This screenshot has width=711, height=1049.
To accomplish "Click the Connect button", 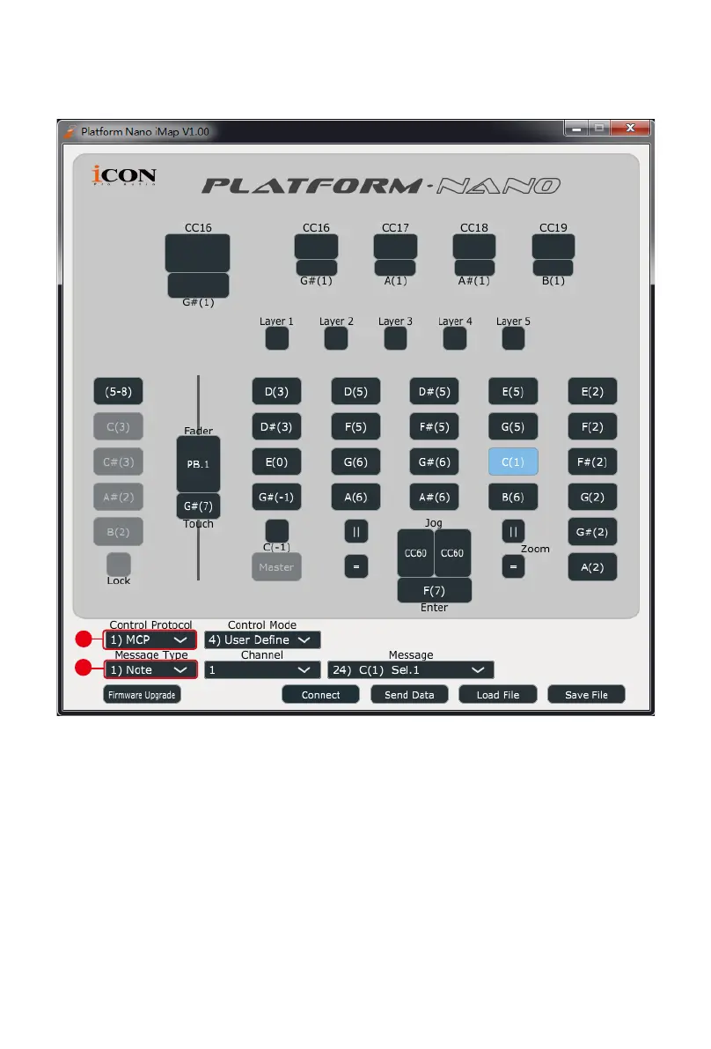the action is (x=320, y=695).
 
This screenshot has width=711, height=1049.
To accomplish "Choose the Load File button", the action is (x=497, y=695).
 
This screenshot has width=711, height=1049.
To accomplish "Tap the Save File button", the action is (x=586, y=695).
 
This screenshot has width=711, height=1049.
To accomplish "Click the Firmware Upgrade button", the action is (x=142, y=695).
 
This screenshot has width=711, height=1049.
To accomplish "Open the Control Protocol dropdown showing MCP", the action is (x=150, y=640).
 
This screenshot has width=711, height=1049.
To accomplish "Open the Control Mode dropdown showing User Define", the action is (x=262, y=640).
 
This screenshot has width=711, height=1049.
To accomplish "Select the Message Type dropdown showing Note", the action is (x=150, y=670).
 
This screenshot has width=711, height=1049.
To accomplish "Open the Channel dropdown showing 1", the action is (x=261, y=670).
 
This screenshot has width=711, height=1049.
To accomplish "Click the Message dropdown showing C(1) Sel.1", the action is (x=410, y=670).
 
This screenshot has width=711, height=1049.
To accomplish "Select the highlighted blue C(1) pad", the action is (x=513, y=462).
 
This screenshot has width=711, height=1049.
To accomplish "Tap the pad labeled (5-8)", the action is (x=119, y=391).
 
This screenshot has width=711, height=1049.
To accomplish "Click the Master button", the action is (x=276, y=567).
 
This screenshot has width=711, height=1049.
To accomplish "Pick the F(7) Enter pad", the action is (x=434, y=589).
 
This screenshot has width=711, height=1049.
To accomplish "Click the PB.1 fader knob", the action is (x=198, y=463).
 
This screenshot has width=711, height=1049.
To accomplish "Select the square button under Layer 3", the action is (x=395, y=338).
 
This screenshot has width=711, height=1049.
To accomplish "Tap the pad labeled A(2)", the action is (x=592, y=567).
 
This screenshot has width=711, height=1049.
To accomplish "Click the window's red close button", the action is (x=630, y=129).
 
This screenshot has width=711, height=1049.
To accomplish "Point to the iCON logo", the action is (x=124, y=176).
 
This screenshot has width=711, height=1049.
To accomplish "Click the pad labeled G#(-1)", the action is (x=276, y=497).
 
